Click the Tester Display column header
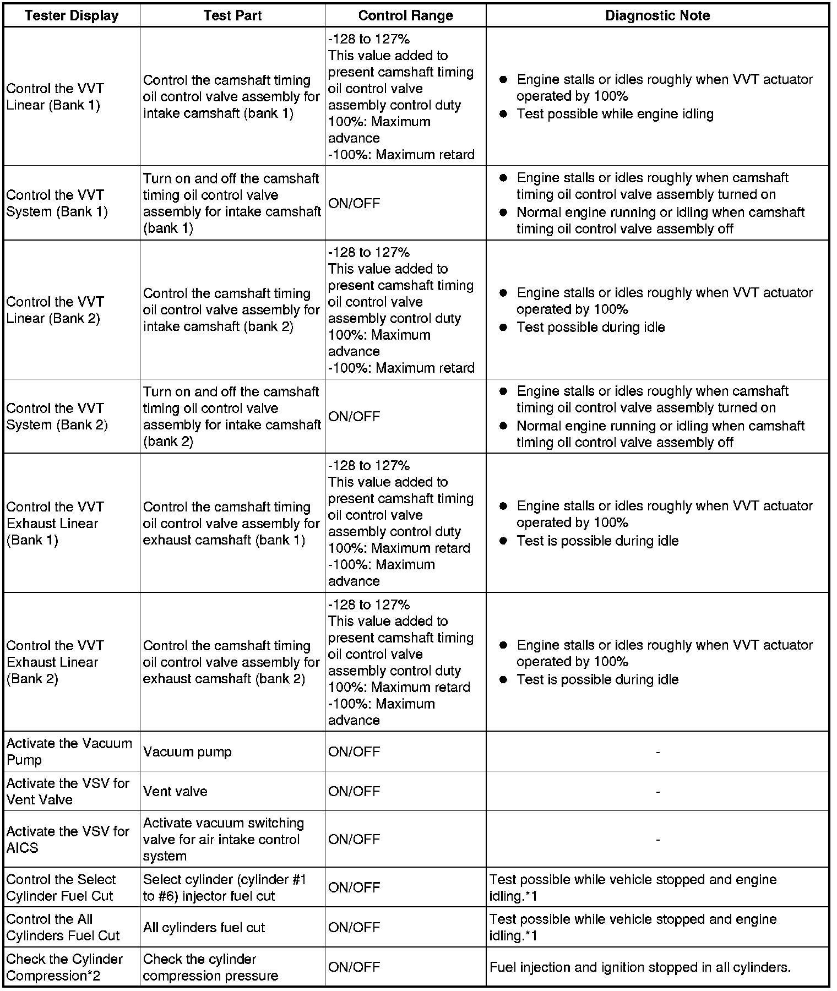[72, 15]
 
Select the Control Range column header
[405, 15]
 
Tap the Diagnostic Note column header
[657, 15]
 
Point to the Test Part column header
[232, 15]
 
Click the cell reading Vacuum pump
[187, 752]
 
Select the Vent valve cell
[175, 791]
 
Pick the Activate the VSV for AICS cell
[68, 840]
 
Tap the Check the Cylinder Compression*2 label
[64, 967]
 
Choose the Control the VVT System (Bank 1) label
[57, 203]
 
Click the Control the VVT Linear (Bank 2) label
[55, 310]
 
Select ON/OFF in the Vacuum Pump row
[354, 752]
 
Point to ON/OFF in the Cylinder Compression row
[354, 967]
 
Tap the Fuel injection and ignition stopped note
[640, 967]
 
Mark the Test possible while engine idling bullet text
[615, 114]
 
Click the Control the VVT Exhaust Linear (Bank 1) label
[55, 523]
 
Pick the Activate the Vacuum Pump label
[69, 752]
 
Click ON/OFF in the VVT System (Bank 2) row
[354, 416]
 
